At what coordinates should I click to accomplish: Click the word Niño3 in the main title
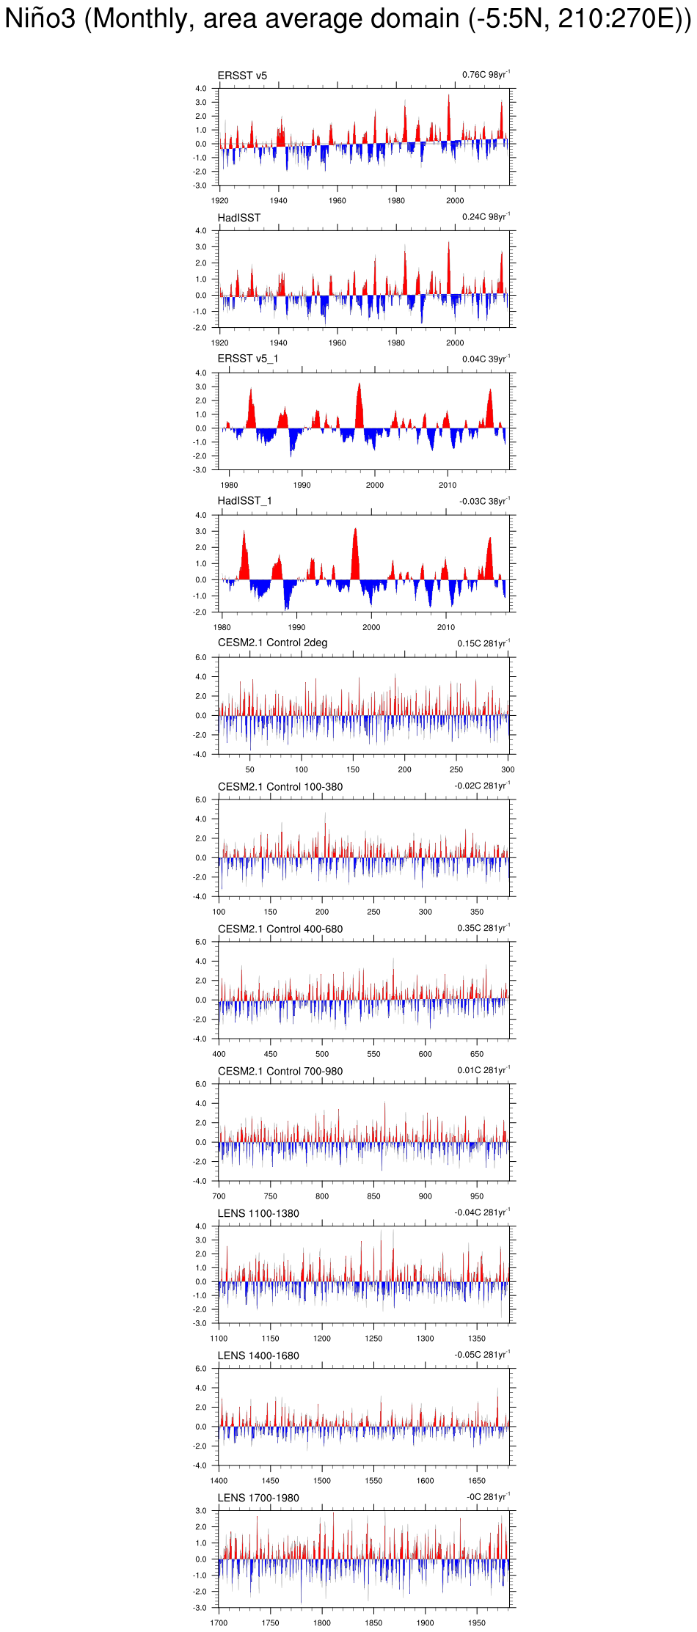click(x=40, y=18)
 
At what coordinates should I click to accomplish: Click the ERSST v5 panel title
click(x=242, y=76)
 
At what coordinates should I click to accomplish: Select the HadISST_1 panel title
click(x=244, y=501)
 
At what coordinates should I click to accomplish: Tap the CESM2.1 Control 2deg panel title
click(x=272, y=643)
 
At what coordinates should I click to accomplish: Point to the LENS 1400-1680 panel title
click(x=258, y=1355)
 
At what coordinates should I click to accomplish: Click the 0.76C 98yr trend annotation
click(x=485, y=75)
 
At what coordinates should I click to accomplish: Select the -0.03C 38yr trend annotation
click(x=483, y=501)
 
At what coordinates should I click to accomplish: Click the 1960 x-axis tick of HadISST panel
click(x=337, y=343)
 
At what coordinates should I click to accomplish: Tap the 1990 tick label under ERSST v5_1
click(x=302, y=485)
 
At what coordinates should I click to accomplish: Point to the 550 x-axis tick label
click(x=373, y=1054)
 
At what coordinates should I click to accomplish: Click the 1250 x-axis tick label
click(x=373, y=1339)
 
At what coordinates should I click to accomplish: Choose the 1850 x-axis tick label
click(x=373, y=1623)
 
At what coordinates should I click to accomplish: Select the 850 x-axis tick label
click(x=373, y=1196)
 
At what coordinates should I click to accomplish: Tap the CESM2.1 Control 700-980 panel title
click(x=280, y=1071)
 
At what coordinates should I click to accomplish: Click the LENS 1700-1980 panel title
click(x=258, y=1498)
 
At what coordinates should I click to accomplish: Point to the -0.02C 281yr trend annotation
click(x=481, y=786)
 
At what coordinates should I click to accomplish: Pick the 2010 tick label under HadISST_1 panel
click(x=446, y=627)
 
